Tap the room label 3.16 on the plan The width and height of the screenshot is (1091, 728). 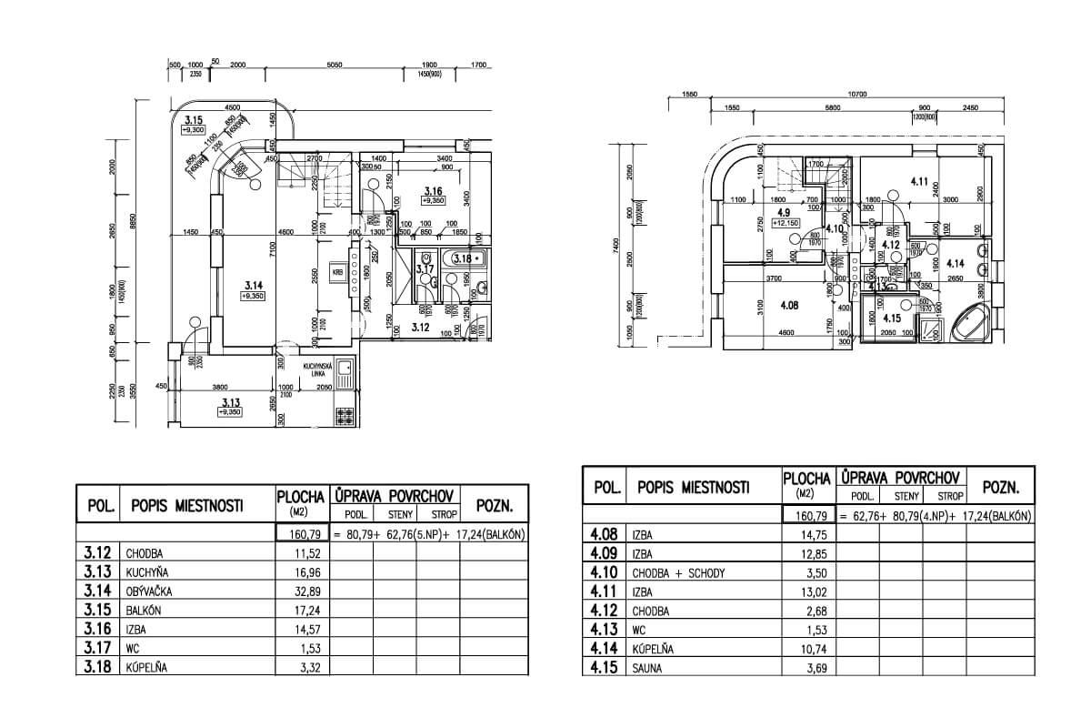click(433, 190)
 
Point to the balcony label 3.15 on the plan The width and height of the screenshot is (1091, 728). click(192, 120)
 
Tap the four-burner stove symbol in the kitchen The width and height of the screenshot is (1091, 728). click(345, 416)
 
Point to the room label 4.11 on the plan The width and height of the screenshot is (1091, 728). click(917, 182)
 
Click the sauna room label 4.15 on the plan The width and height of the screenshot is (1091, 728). click(891, 318)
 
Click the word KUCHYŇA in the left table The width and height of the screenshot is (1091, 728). click(153, 571)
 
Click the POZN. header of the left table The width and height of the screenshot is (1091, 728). click(495, 507)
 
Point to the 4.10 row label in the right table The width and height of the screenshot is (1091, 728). click(604, 571)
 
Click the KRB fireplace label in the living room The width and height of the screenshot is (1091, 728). click(335, 271)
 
